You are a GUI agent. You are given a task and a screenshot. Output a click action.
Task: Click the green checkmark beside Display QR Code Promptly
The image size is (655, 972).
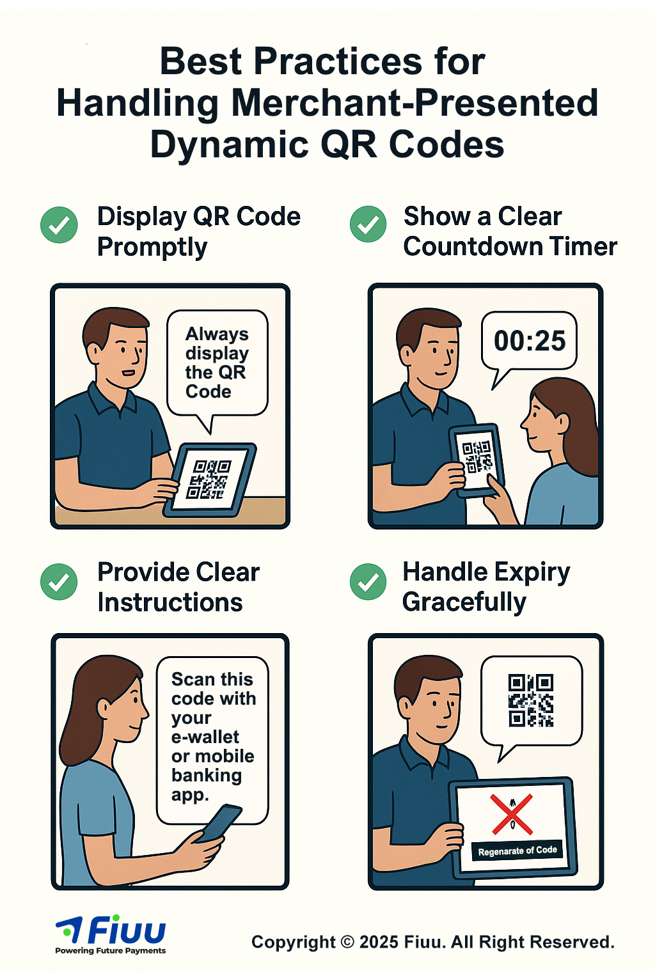(x=59, y=224)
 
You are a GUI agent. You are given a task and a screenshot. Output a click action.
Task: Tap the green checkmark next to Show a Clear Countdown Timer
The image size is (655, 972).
(x=368, y=224)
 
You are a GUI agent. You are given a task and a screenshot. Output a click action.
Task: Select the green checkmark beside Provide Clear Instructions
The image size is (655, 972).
(x=59, y=581)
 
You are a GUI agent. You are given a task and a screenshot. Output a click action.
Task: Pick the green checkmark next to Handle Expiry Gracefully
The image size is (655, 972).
(x=368, y=581)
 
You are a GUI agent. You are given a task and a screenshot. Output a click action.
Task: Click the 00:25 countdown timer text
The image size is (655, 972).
(x=530, y=341)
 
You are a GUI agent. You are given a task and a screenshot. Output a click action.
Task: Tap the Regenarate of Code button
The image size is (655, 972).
(x=517, y=850)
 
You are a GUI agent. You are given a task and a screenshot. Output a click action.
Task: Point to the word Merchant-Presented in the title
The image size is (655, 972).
(x=414, y=104)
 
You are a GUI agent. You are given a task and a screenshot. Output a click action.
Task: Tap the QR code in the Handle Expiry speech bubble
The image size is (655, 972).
(x=531, y=700)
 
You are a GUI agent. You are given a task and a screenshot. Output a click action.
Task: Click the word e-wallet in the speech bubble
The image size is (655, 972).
(x=205, y=737)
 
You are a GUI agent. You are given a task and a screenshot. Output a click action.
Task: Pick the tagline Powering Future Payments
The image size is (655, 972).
(x=111, y=951)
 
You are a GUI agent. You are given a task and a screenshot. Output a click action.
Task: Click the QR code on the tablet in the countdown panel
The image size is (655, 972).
(x=477, y=457)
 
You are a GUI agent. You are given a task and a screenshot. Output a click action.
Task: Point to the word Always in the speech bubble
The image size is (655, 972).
(x=217, y=334)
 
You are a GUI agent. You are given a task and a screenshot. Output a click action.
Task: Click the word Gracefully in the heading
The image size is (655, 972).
(x=464, y=603)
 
